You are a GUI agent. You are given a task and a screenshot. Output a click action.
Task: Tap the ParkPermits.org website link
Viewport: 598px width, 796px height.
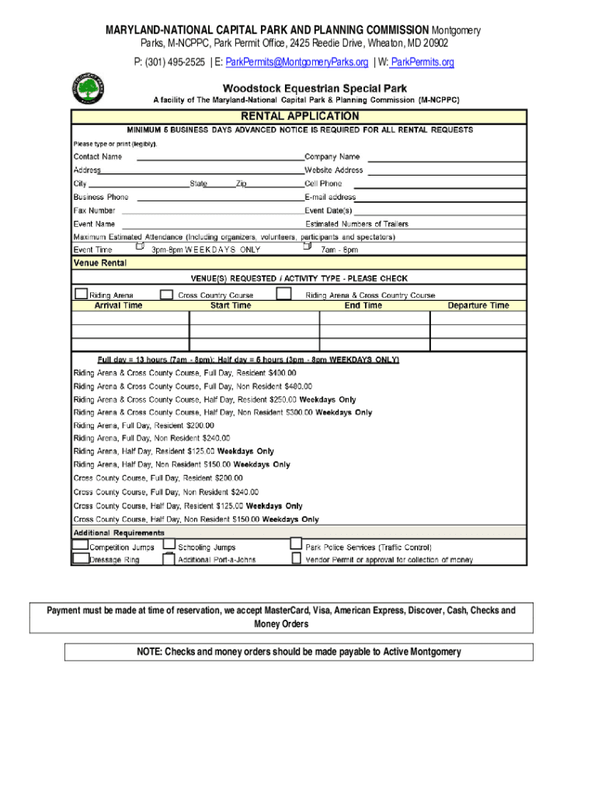(422, 62)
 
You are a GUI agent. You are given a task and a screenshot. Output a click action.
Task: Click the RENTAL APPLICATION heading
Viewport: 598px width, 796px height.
(299, 116)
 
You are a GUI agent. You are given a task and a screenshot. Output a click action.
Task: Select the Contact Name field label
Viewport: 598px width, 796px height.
(97, 157)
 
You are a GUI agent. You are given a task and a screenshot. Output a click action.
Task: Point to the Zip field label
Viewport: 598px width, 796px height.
(241, 184)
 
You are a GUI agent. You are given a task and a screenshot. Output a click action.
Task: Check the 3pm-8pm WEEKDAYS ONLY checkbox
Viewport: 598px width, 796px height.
(140, 246)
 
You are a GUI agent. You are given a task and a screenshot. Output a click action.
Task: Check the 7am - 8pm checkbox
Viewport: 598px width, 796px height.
(307, 246)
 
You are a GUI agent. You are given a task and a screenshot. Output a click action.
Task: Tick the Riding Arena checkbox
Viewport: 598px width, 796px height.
(81, 294)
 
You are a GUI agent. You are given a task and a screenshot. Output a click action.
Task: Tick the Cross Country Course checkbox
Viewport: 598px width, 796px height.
(166, 294)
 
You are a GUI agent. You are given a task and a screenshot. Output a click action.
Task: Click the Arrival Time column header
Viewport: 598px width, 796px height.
(118, 306)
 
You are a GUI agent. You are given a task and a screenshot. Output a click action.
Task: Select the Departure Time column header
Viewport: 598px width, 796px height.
(478, 306)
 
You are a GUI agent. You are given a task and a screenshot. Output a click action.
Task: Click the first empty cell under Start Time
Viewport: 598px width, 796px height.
(254, 317)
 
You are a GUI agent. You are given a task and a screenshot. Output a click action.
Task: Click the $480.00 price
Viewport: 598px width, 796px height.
(298, 386)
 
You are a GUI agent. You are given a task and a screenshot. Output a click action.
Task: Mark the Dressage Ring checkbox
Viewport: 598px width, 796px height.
(80, 557)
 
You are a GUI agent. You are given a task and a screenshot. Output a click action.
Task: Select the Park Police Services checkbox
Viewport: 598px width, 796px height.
(296, 544)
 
